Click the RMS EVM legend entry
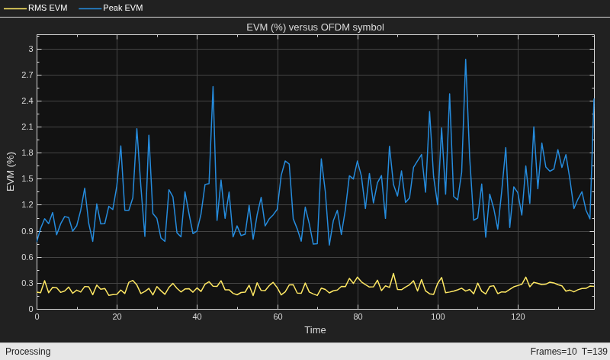pos(36,8)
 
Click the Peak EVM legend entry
pos(111,8)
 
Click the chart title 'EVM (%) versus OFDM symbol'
pos(315,27)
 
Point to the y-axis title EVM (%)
pos(11,172)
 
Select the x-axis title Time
pos(315,330)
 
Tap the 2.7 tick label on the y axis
pos(27,75)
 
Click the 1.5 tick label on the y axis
pos(27,179)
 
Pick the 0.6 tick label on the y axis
pos(27,257)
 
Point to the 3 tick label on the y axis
pos(30,49)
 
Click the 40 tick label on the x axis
pos(197,317)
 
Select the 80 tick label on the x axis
pos(358,317)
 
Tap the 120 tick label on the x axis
pos(518,317)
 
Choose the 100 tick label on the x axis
pos(438,317)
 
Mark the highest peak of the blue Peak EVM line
pos(465,59)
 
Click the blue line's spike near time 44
pos(213,87)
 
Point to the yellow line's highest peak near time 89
pos(393,274)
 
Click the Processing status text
pos(28,352)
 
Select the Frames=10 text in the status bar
pos(554,352)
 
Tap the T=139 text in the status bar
pos(595,352)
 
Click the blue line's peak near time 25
pos(136,129)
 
